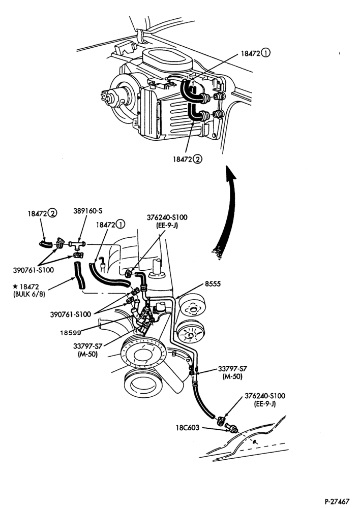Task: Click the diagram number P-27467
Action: pyautogui.click(x=337, y=501)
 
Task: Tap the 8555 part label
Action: pyautogui.click(x=213, y=284)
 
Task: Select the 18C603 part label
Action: pyautogui.click(x=188, y=428)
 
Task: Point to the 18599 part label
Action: pyautogui.click(x=70, y=332)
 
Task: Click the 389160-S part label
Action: pyautogui.click(x=87, y=211)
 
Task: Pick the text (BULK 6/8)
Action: pyautogui.click(x=29, y=295)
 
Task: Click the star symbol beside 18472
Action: pyautogui.click(x=15, y=287)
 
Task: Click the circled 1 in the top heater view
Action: pyautogui.click(x=265, y=53)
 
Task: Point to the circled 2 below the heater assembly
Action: pyautogui.click(x=197, y=159)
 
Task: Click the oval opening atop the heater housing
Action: pyautogui.click(x=167, y=58)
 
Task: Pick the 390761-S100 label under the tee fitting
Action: pyautogui.click(x=34, y=270)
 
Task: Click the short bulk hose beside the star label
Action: pyautogui.click(x=79, y=275)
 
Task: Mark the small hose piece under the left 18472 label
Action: pyautogui.click(x=46, y=244)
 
